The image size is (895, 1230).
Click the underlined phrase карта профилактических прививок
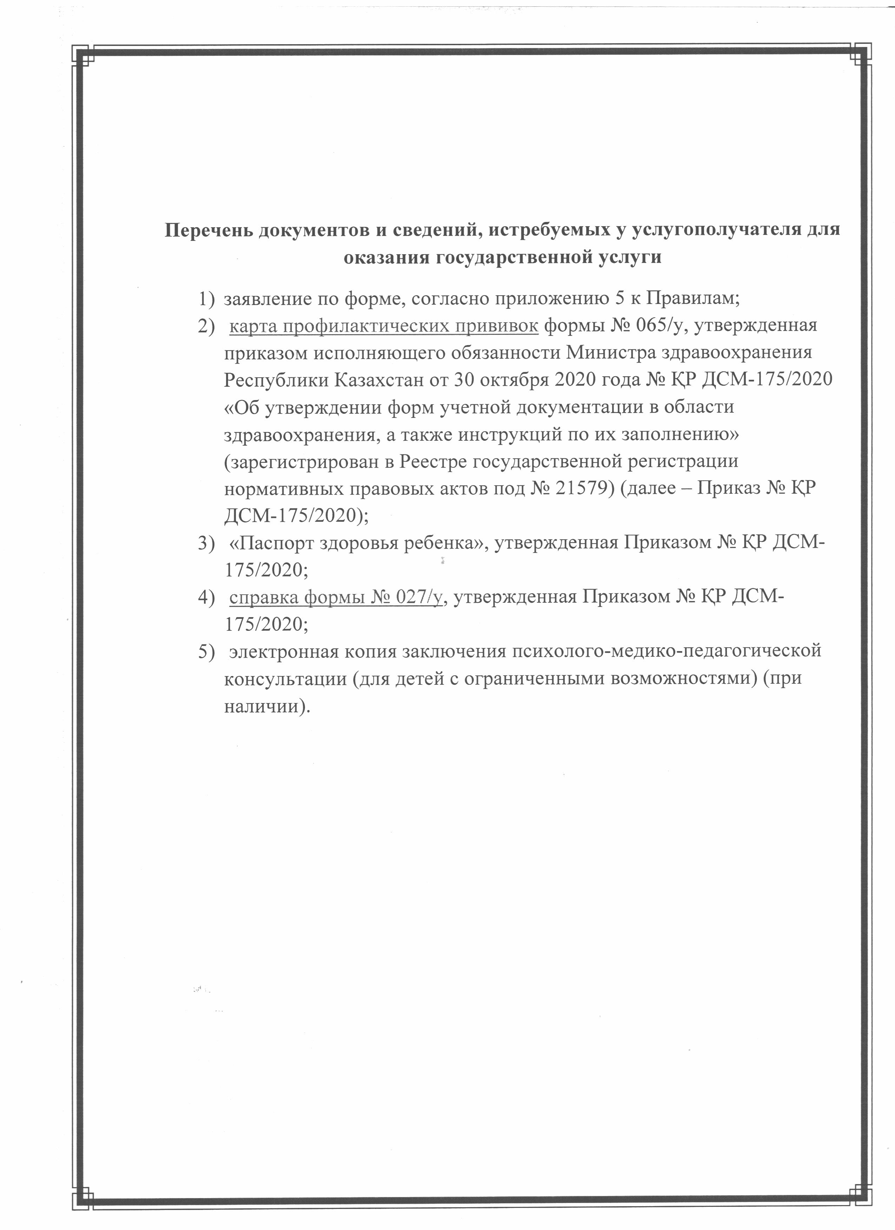coord(384,326)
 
